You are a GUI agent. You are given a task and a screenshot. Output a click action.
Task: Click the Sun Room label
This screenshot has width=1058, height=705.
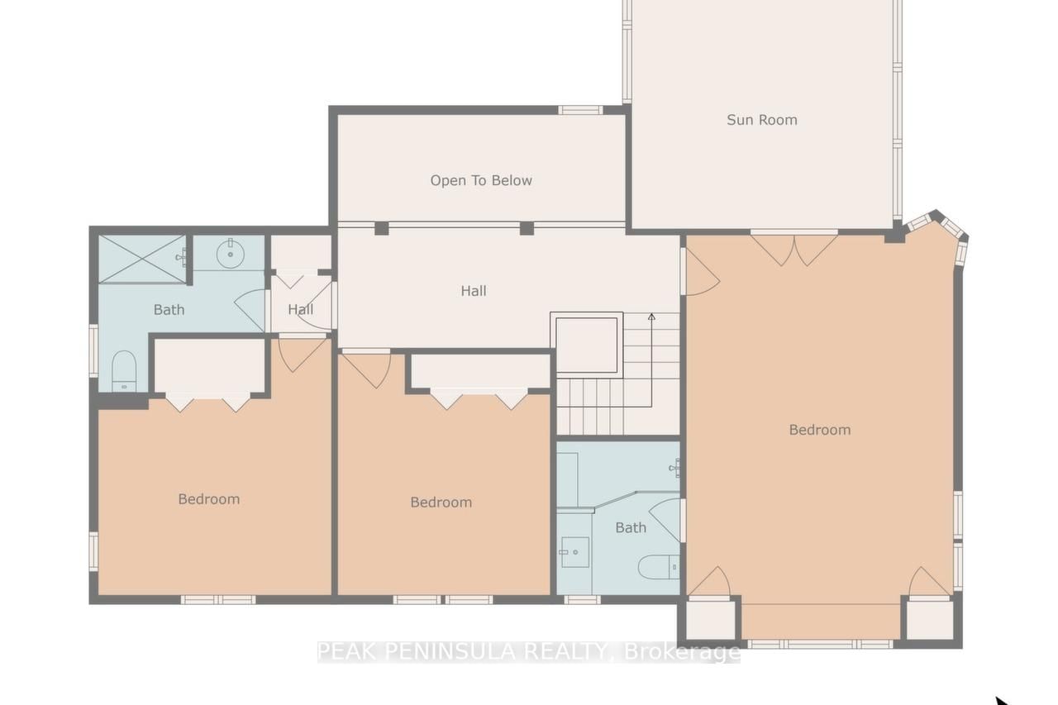(762, 120)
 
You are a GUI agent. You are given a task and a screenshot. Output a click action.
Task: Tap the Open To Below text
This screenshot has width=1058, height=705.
(481, 180)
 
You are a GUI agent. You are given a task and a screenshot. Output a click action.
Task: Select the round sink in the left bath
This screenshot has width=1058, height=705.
(230, 254)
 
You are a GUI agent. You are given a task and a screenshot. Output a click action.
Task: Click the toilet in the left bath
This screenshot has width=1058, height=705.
(124, 370)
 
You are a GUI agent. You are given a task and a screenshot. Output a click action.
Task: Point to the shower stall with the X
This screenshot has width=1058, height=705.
(141, 260)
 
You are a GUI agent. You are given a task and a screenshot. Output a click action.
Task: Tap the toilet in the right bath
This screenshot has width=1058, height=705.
(659, 567)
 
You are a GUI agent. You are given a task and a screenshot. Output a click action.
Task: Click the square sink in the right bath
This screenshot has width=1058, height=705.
(574, 552)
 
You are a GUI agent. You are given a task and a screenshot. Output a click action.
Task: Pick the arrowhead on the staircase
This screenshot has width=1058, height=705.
(651, 317)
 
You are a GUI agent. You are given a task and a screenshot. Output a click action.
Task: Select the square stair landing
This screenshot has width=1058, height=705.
(587, 345)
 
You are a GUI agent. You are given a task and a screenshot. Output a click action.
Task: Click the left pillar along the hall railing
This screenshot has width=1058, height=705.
(382, 228)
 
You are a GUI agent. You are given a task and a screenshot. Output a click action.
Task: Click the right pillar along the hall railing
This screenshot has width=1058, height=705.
(527, 228)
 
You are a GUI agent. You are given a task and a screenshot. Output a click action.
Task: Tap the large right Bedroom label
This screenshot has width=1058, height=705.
(820, 430)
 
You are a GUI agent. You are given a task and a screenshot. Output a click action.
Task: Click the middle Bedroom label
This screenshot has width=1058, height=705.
(441, 502)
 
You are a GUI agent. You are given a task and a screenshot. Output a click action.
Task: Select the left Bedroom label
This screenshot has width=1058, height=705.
(209, 499)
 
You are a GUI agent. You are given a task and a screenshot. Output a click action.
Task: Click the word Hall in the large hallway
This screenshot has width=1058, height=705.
(474, 291)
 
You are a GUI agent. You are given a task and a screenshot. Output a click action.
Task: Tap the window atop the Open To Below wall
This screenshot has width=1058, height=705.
(580, 110)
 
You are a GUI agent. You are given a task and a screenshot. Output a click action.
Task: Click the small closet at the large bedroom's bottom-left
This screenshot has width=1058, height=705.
(710, 620)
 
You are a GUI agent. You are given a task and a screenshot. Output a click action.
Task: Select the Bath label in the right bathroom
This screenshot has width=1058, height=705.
(631, 527)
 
